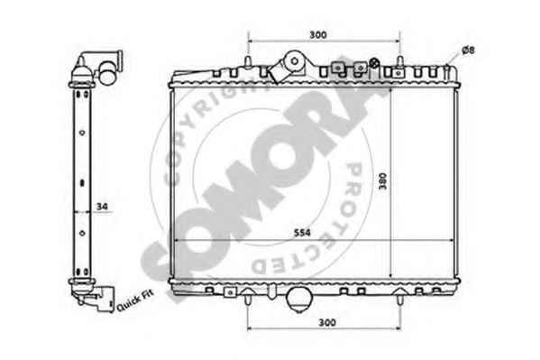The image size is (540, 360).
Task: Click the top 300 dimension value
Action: click(x=318, y=34)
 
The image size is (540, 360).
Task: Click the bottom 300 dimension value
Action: click(x=327, y=322)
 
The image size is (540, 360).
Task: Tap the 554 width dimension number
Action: click(x=302, y=233)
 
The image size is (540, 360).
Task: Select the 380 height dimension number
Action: click(x=383, y=180)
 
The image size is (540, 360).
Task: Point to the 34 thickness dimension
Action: click(x=102, y=207)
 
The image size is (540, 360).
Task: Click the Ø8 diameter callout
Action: click(x=468, y=51)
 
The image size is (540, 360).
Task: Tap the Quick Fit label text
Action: click(x=135, y=300)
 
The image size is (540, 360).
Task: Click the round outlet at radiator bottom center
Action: click(x=299, y=300)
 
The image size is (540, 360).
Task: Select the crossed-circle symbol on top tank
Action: click(x=374, y=63)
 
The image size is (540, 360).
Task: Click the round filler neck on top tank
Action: click(x=295, y=61)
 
